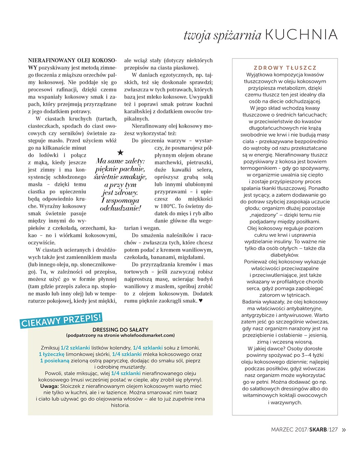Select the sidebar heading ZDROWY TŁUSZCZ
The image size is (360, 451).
285,68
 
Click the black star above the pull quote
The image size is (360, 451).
120,153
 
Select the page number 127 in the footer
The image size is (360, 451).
333,430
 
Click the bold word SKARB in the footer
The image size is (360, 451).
318,430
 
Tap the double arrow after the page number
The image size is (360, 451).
343,430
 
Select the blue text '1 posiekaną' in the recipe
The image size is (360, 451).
55,361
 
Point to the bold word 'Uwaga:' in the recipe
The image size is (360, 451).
49,386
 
